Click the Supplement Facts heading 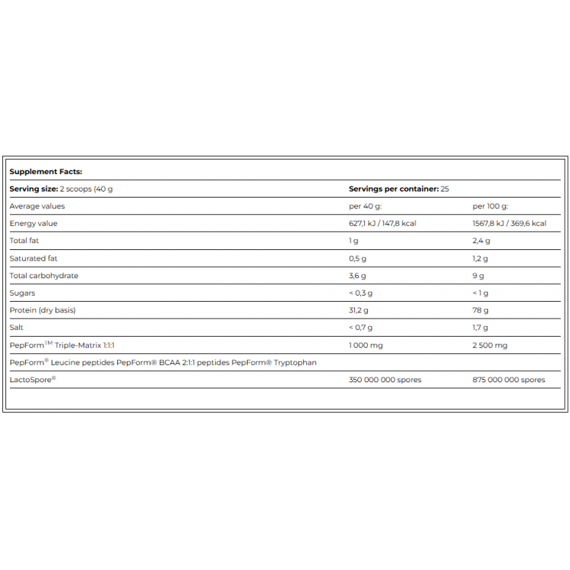pyautogui.click(x=46, y=172)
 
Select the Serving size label pyautogui.click(x=33, y=188)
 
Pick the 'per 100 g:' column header pyautogui.click(x=491, y=206)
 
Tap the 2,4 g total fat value pyautogui.click(x=482, y=241)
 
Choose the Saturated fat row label pyautogui.click(x=33, y=258)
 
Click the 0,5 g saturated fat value pyautogui.click(x=357, y=258)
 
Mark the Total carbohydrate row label pyautogui.click(x=44, y=276)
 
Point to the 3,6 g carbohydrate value pyautogui.click(x=357, y=276)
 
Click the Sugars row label pyautogui.click(x=22, y=293)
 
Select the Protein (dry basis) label pyautogui.click(x=43, y=310)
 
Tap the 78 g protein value pyautogui.click(x=480, y=310)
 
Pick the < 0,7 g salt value pyautogui.click(x=361, y=328)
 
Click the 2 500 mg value pyautogui.click(x=490, y=345)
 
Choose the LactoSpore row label pyautogui.click(x=31, y=379)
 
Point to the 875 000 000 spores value pyautogui.click(x=509, y=379)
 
